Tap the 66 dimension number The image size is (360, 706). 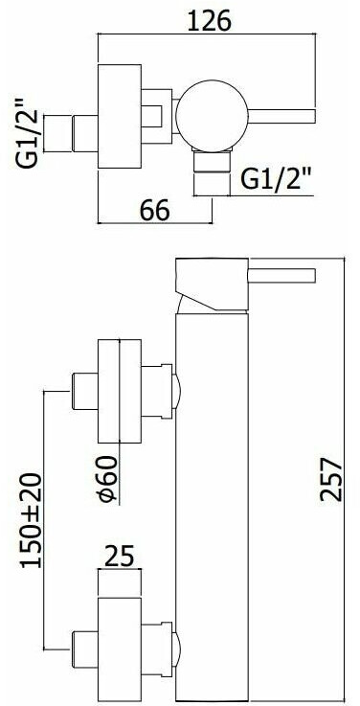click(154, 210)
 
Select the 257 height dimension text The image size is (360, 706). click(331, 479)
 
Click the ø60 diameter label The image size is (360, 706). click(107, 478)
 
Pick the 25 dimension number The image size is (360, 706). click(120, 556)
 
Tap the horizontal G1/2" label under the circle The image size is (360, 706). click(275, 180)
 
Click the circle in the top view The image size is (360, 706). click(212, 116)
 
